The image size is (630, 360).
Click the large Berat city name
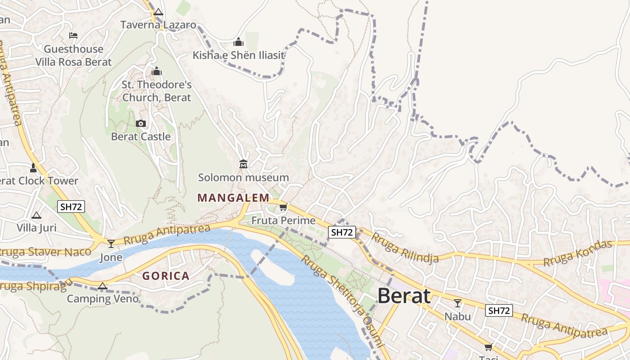click(x=404, y=296)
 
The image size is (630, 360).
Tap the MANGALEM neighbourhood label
click(x=233, y=198)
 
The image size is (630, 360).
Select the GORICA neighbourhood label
click(x=166, y=276)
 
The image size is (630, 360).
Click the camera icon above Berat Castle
click(x=141, y=123)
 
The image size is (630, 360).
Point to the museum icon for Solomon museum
click(x=243, y=164)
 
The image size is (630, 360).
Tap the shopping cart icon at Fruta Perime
click(x=283, y=207)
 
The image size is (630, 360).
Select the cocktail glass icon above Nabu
click(x=458, y=303)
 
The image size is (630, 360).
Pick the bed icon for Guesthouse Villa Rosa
click(x=73, y=36)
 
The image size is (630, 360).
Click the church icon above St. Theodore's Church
click(x=157, y=72)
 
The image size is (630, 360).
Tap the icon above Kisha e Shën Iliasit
click(x=238, y=42)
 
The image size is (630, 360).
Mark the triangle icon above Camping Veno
click(x=103, y=286)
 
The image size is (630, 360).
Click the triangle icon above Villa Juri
click(x=36, y=215)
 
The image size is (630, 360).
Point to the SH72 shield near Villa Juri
click(x=71, y=207)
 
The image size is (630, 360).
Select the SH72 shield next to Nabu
click(x=499, y=310)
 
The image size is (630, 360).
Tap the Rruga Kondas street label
click(x=578, y=253)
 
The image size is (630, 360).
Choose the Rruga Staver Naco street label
click(x=45, y=252)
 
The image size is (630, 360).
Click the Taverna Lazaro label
click(x=158, y=25)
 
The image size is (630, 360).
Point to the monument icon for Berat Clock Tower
click(x=33, y=168)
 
